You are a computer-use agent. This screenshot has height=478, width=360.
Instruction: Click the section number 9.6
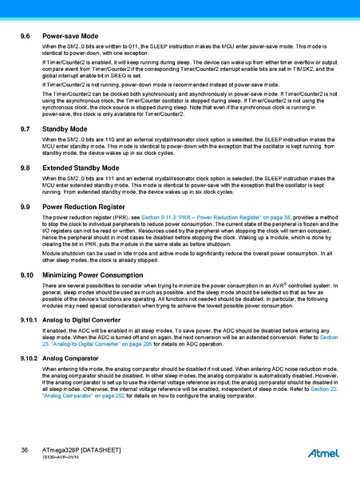coord(26,38)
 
